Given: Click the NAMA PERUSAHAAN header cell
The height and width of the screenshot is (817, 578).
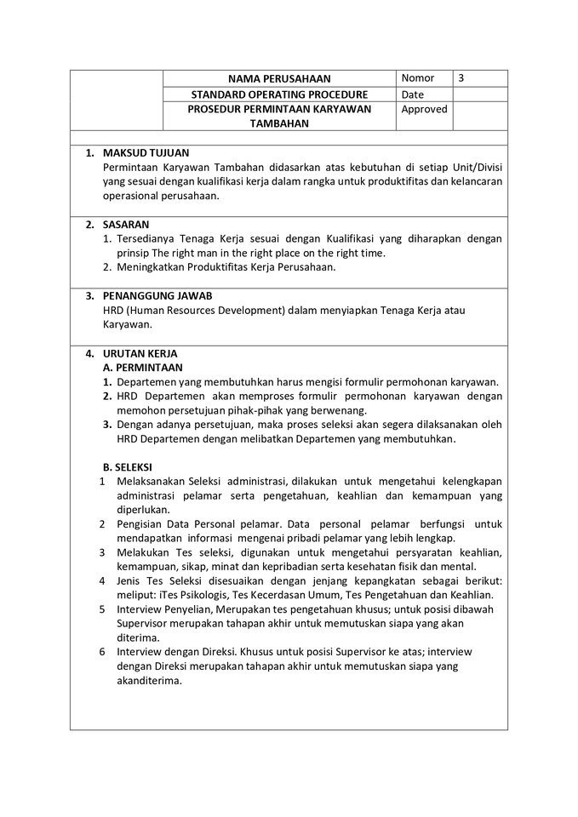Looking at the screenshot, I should [279, 79].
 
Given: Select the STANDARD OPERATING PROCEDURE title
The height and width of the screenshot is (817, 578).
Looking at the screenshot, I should [279, 94].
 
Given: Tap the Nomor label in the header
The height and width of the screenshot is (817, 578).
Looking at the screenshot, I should [418, 78].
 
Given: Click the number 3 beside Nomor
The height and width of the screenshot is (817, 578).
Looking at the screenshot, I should [461, 78].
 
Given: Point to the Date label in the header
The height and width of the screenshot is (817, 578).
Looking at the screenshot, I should [413, 94].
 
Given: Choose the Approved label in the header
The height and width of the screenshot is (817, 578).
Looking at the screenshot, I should [424, 110].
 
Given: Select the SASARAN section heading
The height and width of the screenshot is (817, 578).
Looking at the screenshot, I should [126, 225].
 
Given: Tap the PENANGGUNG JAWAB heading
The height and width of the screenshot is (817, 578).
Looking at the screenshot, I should [157, 296].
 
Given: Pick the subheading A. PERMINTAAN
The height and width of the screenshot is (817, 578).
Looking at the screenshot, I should [143, 368].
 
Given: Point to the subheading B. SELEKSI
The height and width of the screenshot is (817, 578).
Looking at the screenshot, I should [128, 467].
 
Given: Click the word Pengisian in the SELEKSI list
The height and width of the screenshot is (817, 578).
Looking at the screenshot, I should [140, 524].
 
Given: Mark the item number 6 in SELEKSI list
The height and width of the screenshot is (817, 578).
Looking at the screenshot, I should [101, 652].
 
